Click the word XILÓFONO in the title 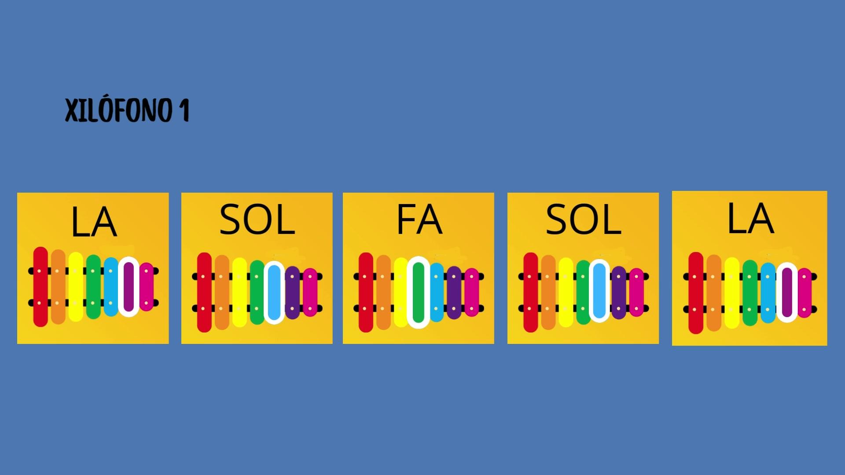click(119, 110)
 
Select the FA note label click(419, 219)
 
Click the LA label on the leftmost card click(94, 222)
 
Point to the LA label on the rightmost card click(750, 218)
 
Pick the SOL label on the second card click(257, 219)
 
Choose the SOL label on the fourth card click(583, 219)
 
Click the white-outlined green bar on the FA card click(419, 292)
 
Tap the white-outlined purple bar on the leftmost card click(129, 286)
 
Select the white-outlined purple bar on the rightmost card click(787, 292)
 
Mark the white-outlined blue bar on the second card click(274, 292)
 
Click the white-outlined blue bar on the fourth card click(599, 291)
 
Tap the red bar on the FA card click(366, 292)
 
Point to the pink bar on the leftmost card click(147, 287)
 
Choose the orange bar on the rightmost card click(714, 292)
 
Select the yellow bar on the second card click(239, 292)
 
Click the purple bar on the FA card click(454, 292)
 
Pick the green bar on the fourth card click(583, 292)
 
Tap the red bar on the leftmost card click(40, 287)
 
